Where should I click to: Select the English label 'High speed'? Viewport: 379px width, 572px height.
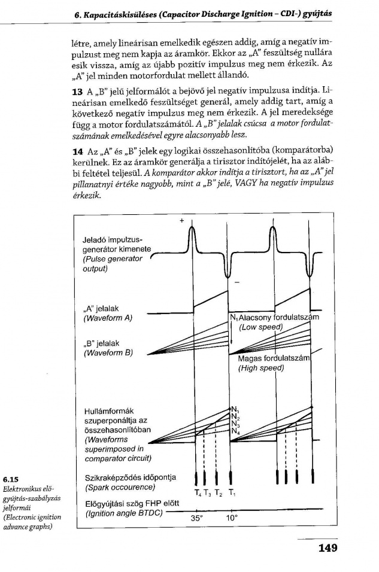tap(260, 368)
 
